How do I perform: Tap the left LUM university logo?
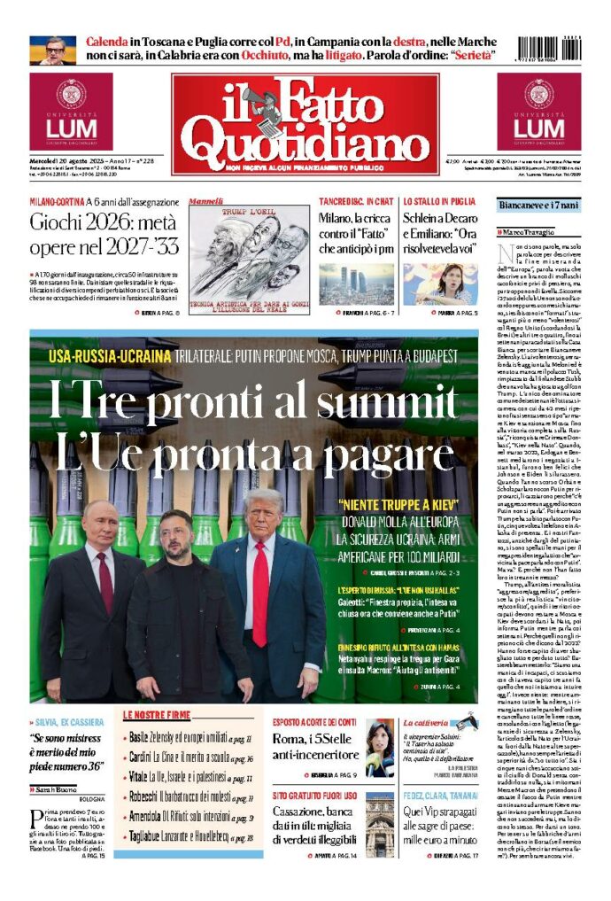[71, 112]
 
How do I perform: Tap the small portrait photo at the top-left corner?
[52, 50]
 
